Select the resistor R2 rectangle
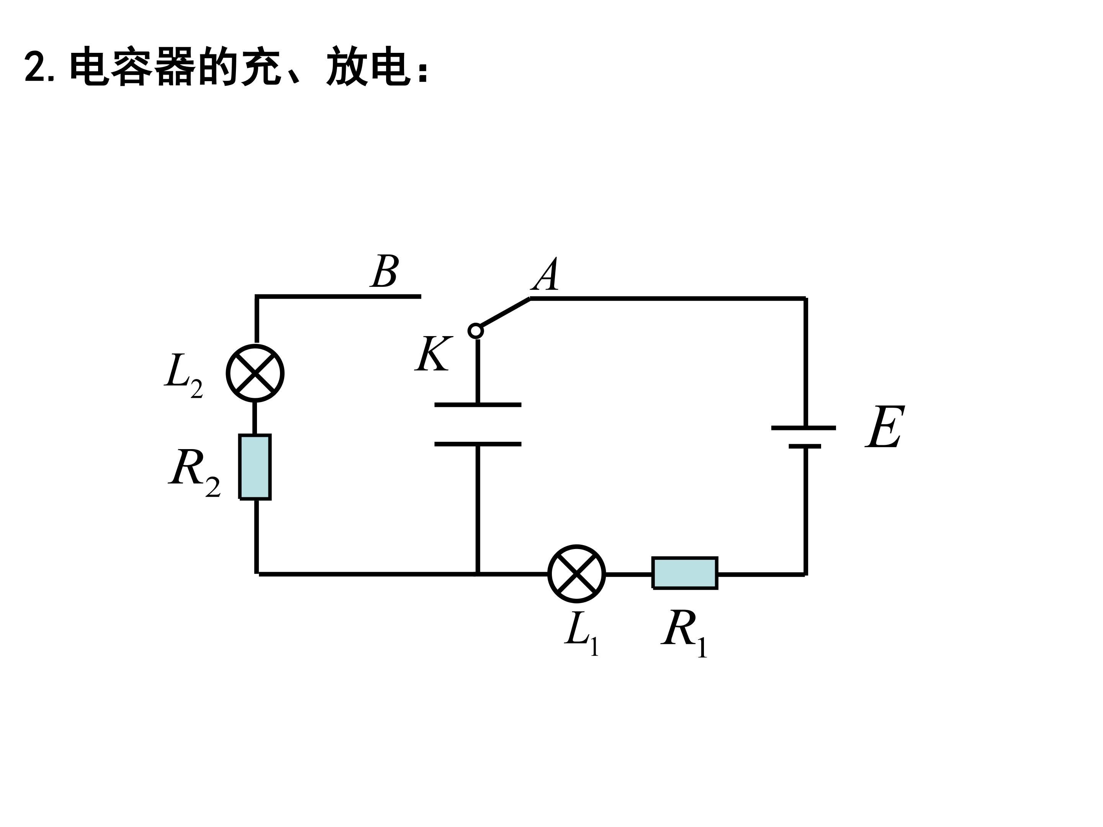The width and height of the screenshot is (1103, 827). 255,467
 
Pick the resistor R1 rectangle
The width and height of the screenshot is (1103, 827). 685,573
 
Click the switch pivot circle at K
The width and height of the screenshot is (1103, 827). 476,330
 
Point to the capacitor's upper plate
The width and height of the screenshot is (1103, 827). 478,405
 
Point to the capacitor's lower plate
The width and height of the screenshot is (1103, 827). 478,444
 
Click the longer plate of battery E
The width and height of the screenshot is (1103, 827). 804,428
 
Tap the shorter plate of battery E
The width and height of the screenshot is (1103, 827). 804,446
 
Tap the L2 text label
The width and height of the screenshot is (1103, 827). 183,376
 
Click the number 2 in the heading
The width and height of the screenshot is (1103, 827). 35,67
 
